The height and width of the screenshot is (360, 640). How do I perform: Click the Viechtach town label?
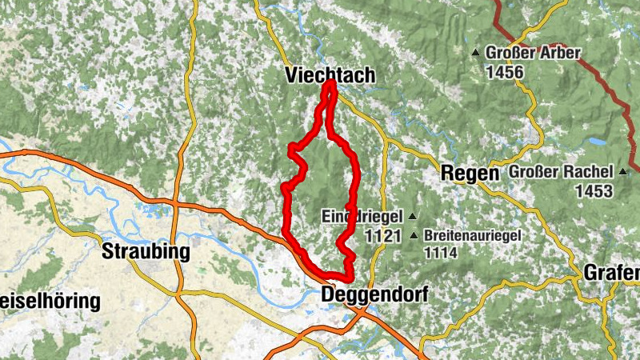point(330,74)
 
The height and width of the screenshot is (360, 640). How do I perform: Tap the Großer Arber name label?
point(533,53)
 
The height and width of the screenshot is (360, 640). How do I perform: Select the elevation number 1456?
point(504,72)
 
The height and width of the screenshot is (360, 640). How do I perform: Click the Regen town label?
point(470,173)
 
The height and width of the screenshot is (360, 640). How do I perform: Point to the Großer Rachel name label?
point(562,172)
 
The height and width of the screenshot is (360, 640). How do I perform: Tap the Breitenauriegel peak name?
point(473,236)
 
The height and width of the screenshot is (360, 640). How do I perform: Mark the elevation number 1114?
point(440,253)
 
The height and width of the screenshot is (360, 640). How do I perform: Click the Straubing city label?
point(146,252)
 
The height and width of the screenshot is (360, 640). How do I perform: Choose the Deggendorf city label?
point(374,295)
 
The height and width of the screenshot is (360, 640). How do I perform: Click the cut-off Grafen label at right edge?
point(611,272)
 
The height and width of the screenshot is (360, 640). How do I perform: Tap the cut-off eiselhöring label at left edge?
point(50,302)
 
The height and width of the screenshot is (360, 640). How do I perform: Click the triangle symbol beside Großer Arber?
point(477,53)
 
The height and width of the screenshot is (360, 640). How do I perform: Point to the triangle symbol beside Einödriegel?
point(412,216)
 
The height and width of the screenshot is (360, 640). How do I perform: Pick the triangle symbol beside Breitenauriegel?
point(414,236)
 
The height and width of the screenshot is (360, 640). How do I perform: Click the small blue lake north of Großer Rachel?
point(596,141)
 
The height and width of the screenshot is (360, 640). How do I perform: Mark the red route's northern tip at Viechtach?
point(330,82)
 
